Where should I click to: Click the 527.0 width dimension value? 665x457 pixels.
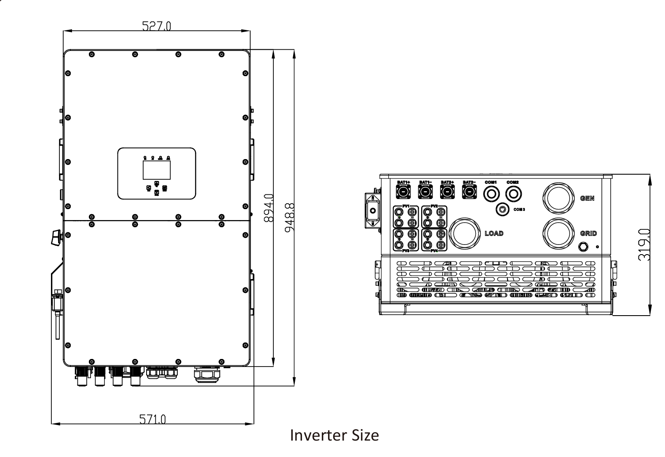pyautogui.click(x=157, y=27)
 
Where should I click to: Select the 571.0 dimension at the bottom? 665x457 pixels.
pyautogui.click(x=152, y=419)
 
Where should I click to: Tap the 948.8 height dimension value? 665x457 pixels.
pyautogui.click(x=288, y=217)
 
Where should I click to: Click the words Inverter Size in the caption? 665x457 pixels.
pyautogui.click(x=334, y=435)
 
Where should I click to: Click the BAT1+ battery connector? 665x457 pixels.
pyautogui.click(x=403, y=192)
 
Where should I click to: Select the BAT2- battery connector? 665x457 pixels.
pyautogui.click(x=469, y=192)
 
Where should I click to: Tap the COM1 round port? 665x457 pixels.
pyautogui.click(x=491, y=194)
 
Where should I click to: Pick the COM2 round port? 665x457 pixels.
pyautogui.click(x=513, y=194)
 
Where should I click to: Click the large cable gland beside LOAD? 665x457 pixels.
pyautogui.click(x=465, y=233)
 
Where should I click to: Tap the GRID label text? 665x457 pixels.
pyautogui.click(x=588, y=234)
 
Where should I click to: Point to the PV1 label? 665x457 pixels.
pyautogui.click(x=406, y=206)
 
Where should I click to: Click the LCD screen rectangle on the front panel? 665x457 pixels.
pyautogui.click(x=157, y=170)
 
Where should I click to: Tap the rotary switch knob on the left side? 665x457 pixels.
pyautogui.click(x=56, y=237)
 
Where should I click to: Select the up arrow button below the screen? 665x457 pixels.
pyautogui.click(x=157, y=183)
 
